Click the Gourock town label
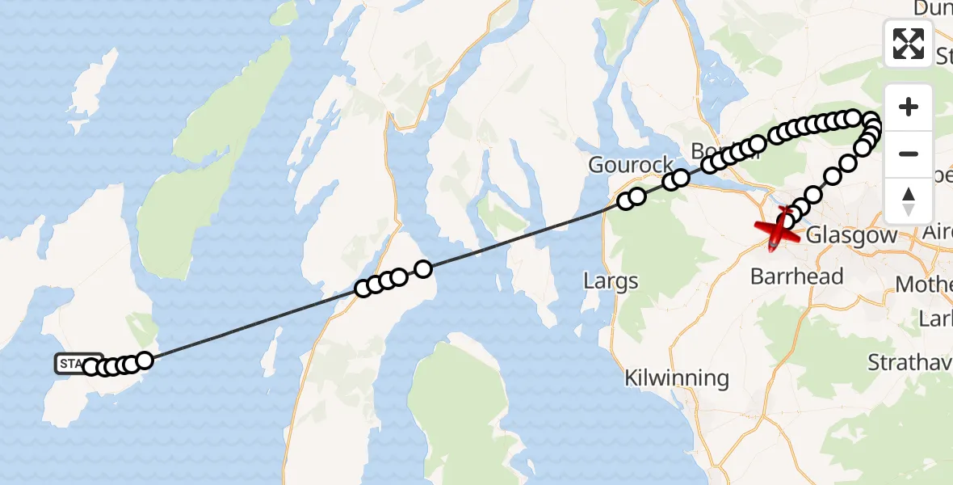pos(631,165)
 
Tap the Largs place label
pos(611,281)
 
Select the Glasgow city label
pos(852,235)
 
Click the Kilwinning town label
pos(677,377)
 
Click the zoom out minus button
pos(909,154)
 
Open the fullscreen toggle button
pos(909,43)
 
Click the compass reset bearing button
pos(909,200)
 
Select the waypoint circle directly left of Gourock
pos(626,201)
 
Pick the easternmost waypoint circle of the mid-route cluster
pos(422,268)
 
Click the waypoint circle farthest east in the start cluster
pos(145,360)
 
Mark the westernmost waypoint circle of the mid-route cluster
pos(363,289)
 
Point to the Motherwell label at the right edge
pos(925,285)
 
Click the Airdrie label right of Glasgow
pos(937,233)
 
